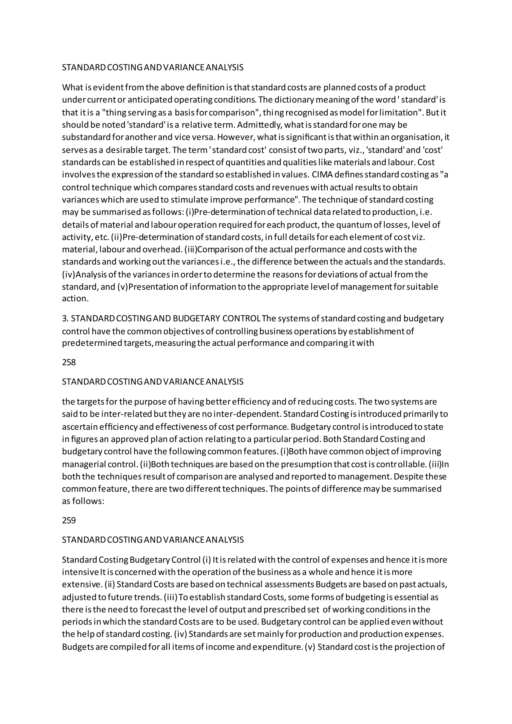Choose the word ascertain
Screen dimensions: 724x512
point(79,427)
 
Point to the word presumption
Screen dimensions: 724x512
point(306,464)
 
